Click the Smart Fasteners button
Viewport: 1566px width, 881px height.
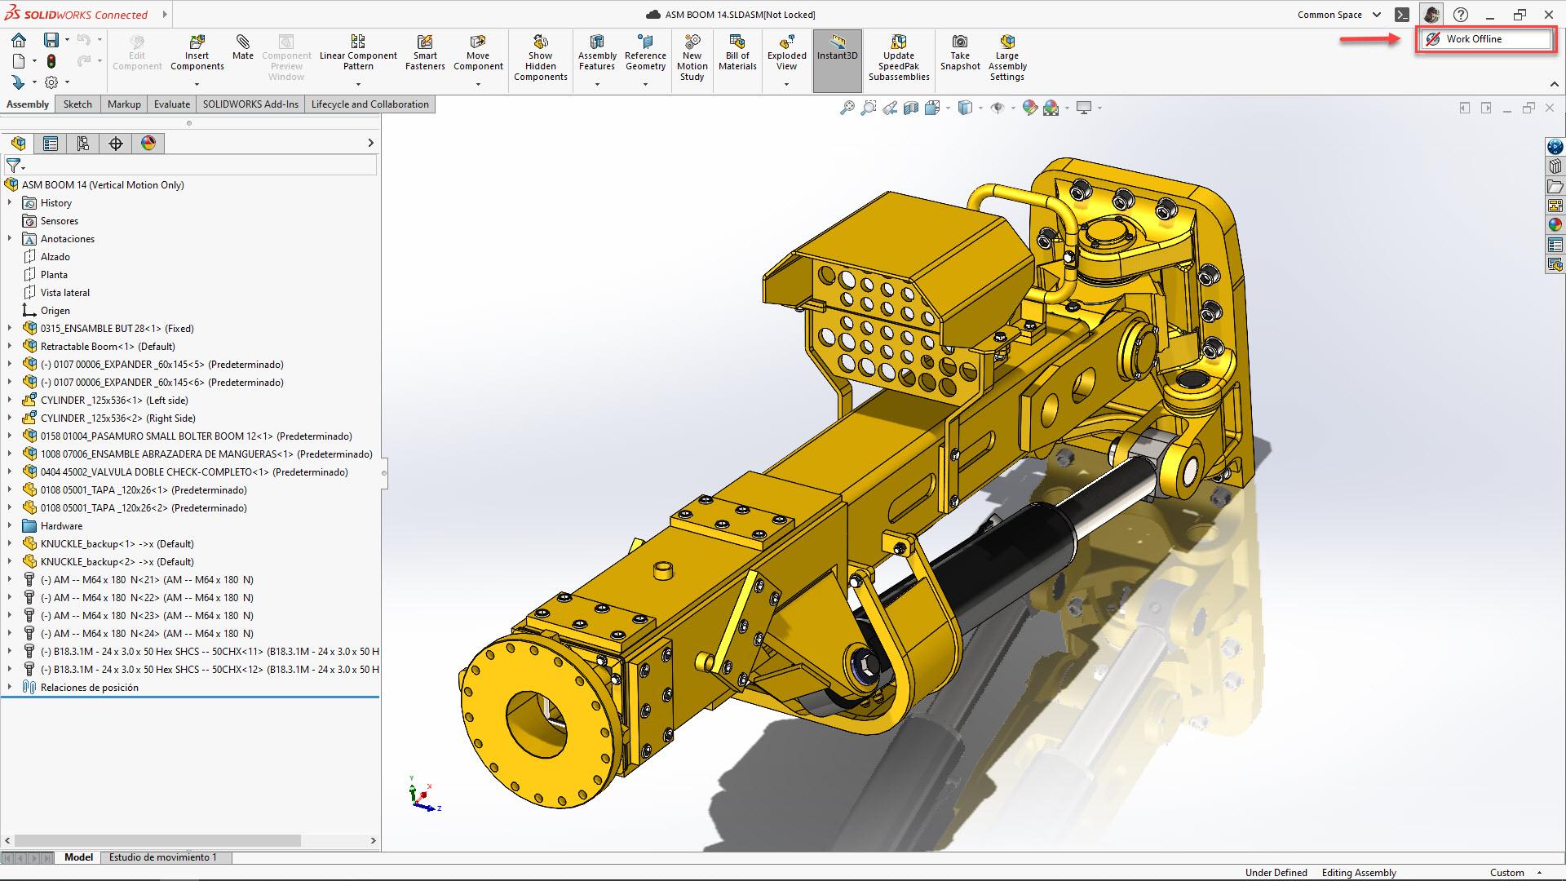(x=425, y=52)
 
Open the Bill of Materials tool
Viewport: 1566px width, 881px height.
(x=737, y=52)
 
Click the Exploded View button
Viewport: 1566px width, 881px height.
(x=786, y=52)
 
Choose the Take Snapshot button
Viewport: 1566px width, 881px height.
(x=960, y=52)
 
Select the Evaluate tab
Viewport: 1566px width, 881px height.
(x=172, y=104)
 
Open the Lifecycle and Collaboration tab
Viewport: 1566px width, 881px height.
(x=369, y=104)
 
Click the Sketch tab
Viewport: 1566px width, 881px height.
(x=77, y=104)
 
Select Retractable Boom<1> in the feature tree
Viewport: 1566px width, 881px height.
(x=107, y=347)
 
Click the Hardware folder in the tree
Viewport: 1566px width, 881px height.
(x=61, y=526)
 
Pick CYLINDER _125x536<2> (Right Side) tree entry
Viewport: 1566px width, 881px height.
(x=117, y=418)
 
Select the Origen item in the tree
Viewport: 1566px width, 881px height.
(x=55, y=311)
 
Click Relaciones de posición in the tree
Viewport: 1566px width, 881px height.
(x=89, y=688)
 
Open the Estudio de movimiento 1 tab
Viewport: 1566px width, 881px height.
(x=163, y=857)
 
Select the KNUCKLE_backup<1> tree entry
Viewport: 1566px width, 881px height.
(x=117, y=544)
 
